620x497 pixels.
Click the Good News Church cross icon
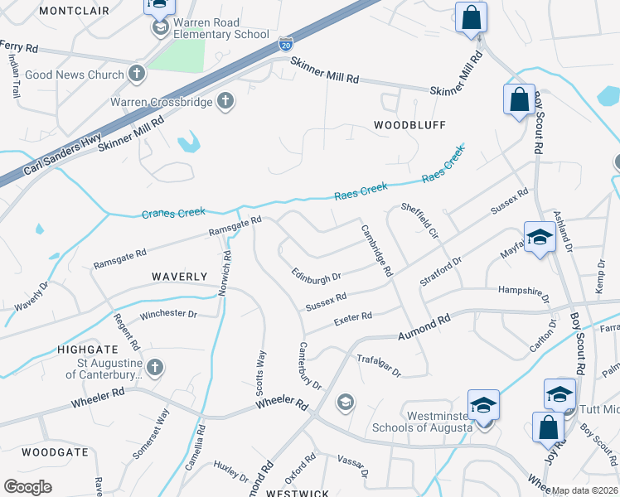pyautogui.click(x=138, y=74)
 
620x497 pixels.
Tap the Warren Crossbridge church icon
pyautogui.click(x=224, y=103)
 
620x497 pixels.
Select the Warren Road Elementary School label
pyautogui.click(x=221, y=29)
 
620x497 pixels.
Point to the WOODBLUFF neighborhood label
pyautogui.click(x=409, y=125)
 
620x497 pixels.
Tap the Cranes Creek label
pyautogui.click(x=173, y=213)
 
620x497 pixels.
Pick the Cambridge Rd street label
pyautogui.click(x=376, y=250)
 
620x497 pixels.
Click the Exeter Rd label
pyautogui.click(x=352, y=316)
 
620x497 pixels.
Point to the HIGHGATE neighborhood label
pyautogui.click(x=82, y=350)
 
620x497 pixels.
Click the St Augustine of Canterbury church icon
pyautogui.click(x=154, y=366)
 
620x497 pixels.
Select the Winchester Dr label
pyautogui.click(x=167, y=315)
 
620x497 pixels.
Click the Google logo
pyautogui.click(x=27, y=487)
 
